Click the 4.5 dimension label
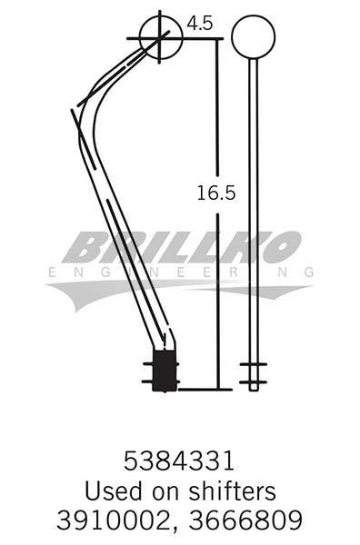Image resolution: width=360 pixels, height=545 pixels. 200,24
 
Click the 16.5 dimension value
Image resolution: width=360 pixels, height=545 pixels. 216,193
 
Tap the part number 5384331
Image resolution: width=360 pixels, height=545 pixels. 179,461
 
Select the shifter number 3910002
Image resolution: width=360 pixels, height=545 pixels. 113,520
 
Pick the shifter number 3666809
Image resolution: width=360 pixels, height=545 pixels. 245,520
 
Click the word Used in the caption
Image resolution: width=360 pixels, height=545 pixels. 114,490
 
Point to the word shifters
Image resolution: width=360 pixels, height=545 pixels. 233,490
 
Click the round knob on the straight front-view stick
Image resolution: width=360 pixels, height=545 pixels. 254,37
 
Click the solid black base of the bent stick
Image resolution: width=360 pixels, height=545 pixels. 165,371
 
